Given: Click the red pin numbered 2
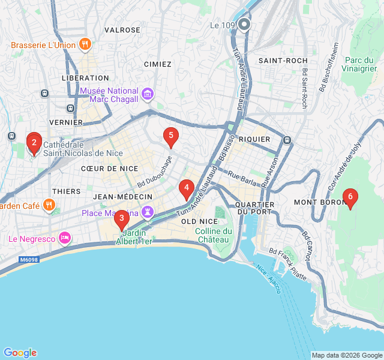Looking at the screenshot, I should point(34,143).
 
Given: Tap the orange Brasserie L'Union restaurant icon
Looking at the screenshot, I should point(86,44).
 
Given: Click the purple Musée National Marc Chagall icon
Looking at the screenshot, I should point(148,95).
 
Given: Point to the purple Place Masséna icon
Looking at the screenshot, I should point(148,212).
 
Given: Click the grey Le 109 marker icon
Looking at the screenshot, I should point(244,25).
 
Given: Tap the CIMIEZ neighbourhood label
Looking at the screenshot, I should point(158,64).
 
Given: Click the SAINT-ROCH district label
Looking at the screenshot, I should point(283,61).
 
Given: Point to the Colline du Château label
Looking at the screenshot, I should point(214,235).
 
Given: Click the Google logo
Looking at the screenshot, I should point(20,352).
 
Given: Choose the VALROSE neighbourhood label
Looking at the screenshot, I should point(122,29).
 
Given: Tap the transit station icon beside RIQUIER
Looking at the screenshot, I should point(287,140).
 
